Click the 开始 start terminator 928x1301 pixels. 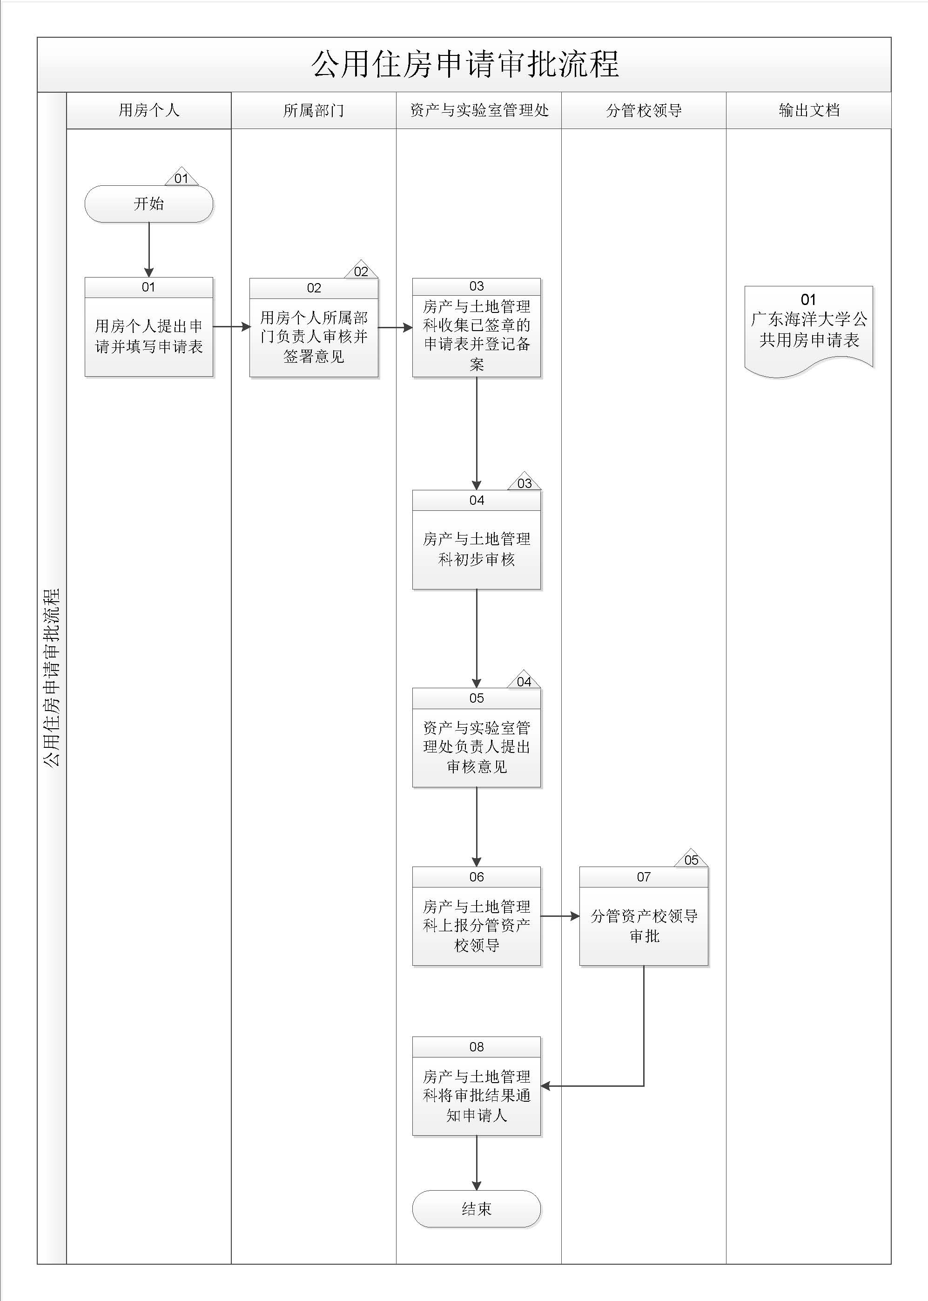tap(148, 203)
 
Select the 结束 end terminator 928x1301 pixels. tap(476, 1208)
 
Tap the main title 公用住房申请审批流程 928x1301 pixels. tap(464, 64)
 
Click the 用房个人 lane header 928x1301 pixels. tap(148, 110)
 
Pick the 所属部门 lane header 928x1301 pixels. tap(314, 110)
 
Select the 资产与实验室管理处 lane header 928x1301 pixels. tap(479, 110)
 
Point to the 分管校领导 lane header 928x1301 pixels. tap(644, 110)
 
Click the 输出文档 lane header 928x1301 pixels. tap(808, 110)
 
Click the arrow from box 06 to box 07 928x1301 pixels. tap(559, 916)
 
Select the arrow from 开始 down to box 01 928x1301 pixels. tap(148, 249)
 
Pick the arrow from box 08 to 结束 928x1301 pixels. tap(476, 1163)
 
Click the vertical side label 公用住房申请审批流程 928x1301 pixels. tap(52, 678)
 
